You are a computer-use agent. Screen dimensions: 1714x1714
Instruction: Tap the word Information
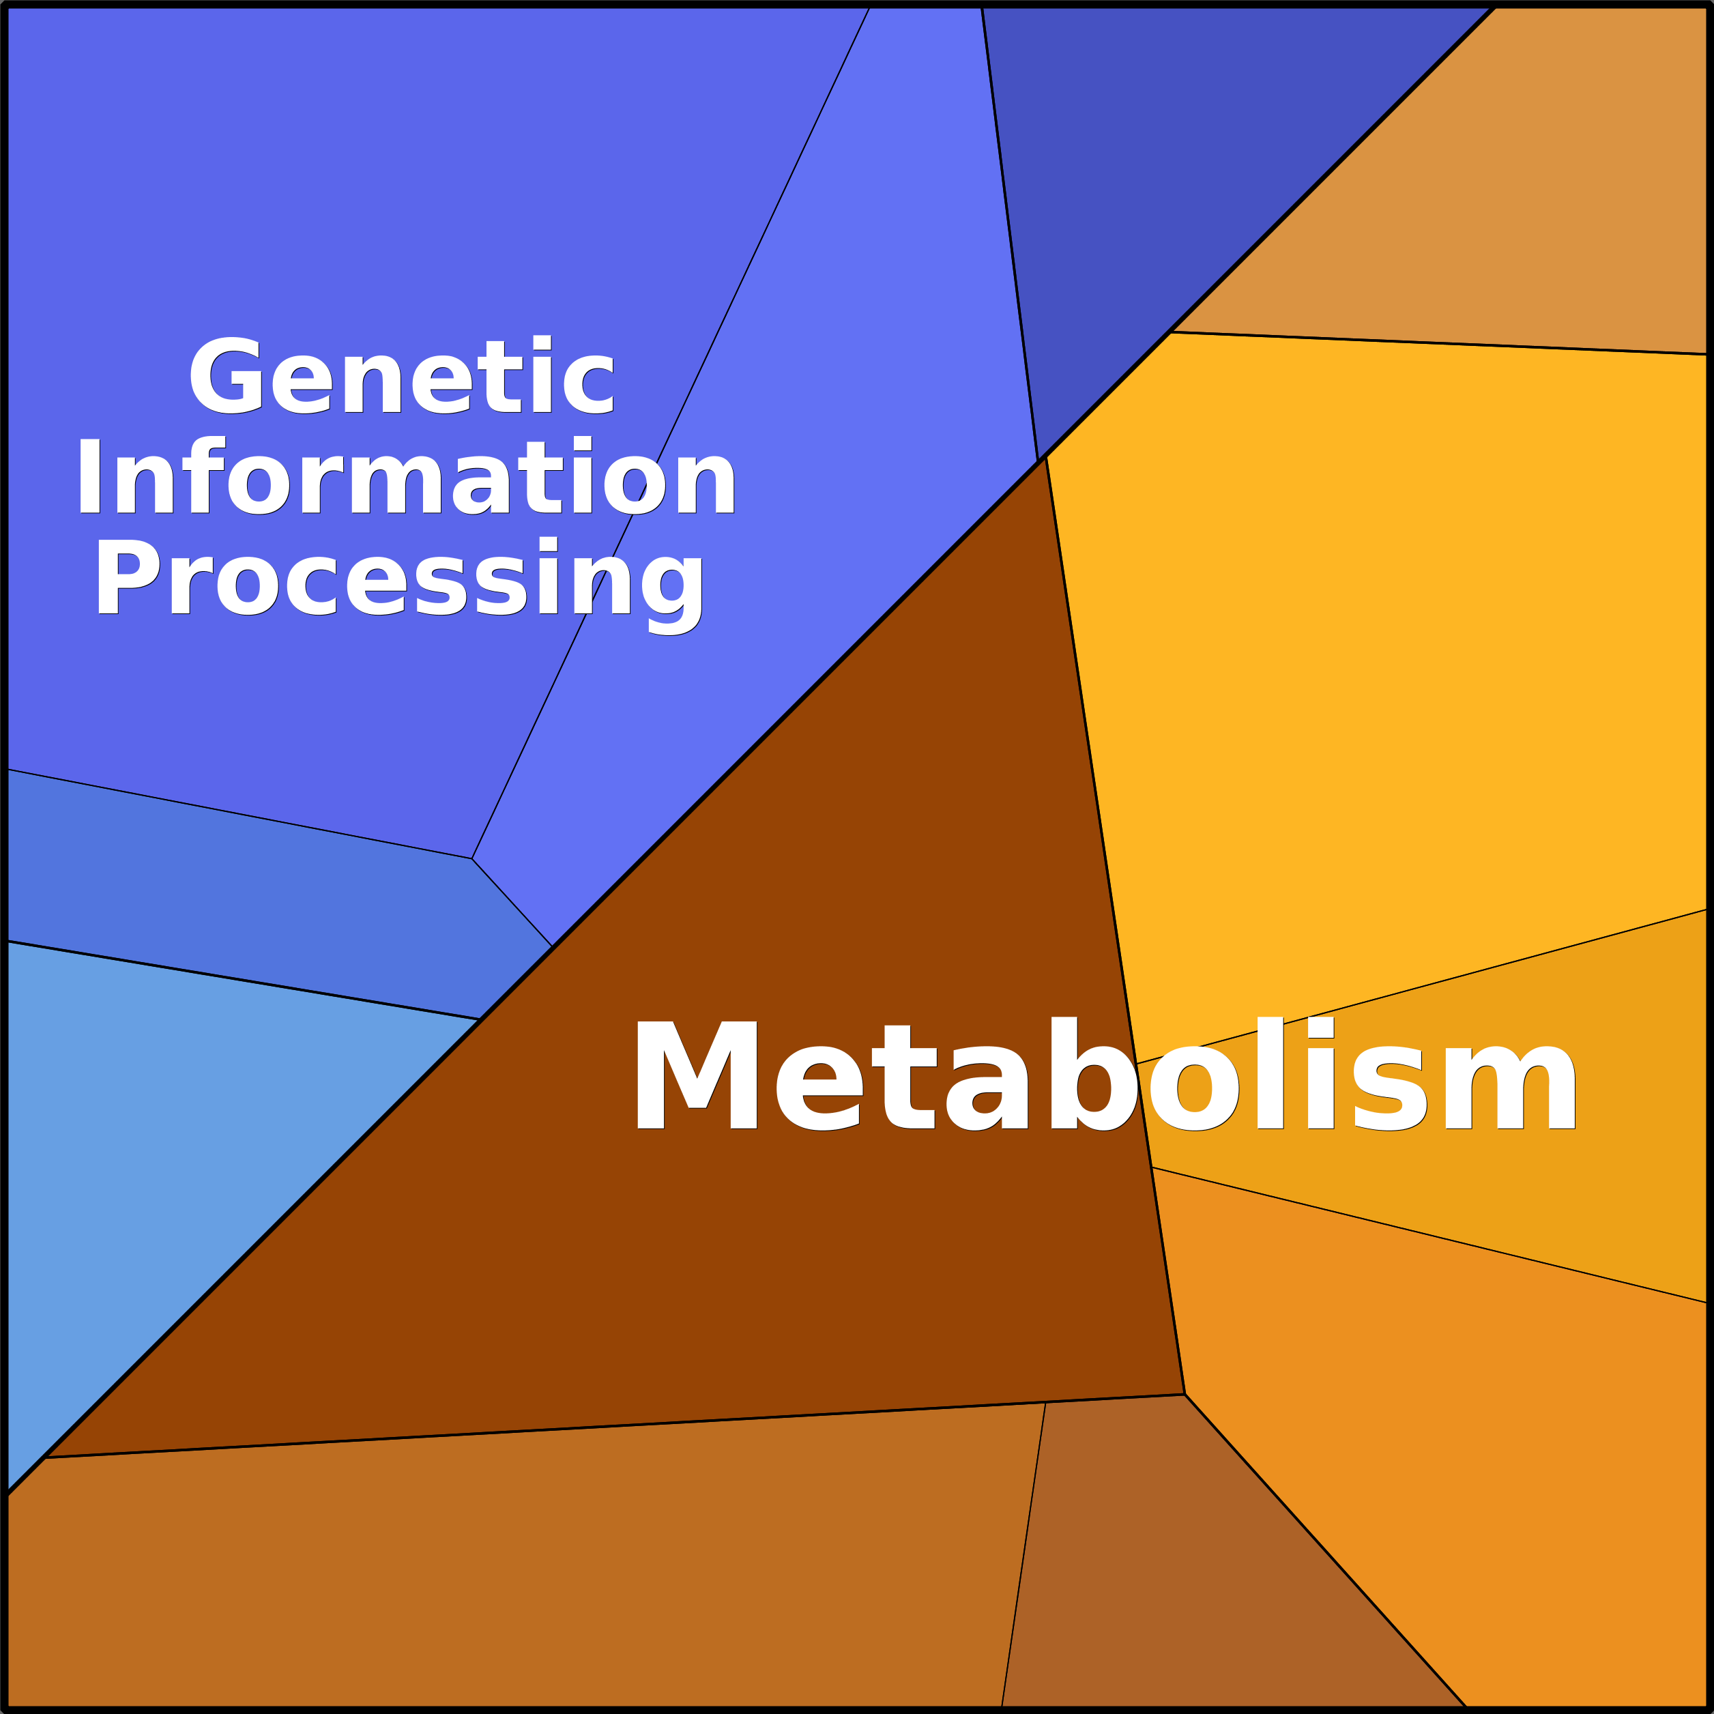406,476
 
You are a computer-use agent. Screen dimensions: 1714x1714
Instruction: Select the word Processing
399,579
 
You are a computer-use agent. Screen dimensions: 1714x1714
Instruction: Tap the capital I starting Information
89,476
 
